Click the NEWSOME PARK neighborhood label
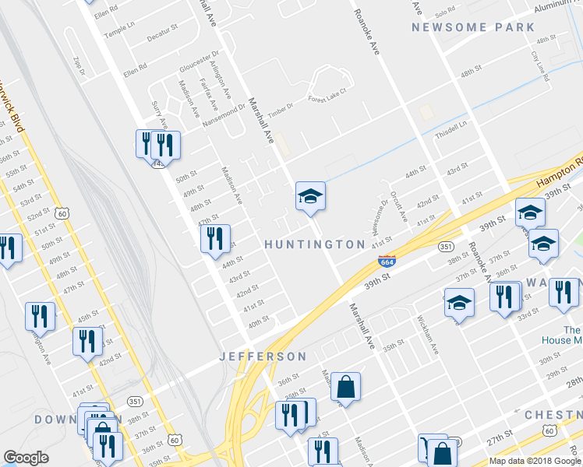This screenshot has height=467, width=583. [473, 27]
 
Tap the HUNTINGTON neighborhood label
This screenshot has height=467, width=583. [315, 244]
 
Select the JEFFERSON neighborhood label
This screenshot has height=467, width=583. [263, 356]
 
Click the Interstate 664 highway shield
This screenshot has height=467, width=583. [387, 260]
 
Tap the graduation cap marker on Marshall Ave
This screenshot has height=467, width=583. [309, 197]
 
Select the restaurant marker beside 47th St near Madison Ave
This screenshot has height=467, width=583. [215, 238]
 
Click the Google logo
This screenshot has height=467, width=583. [26, 458]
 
